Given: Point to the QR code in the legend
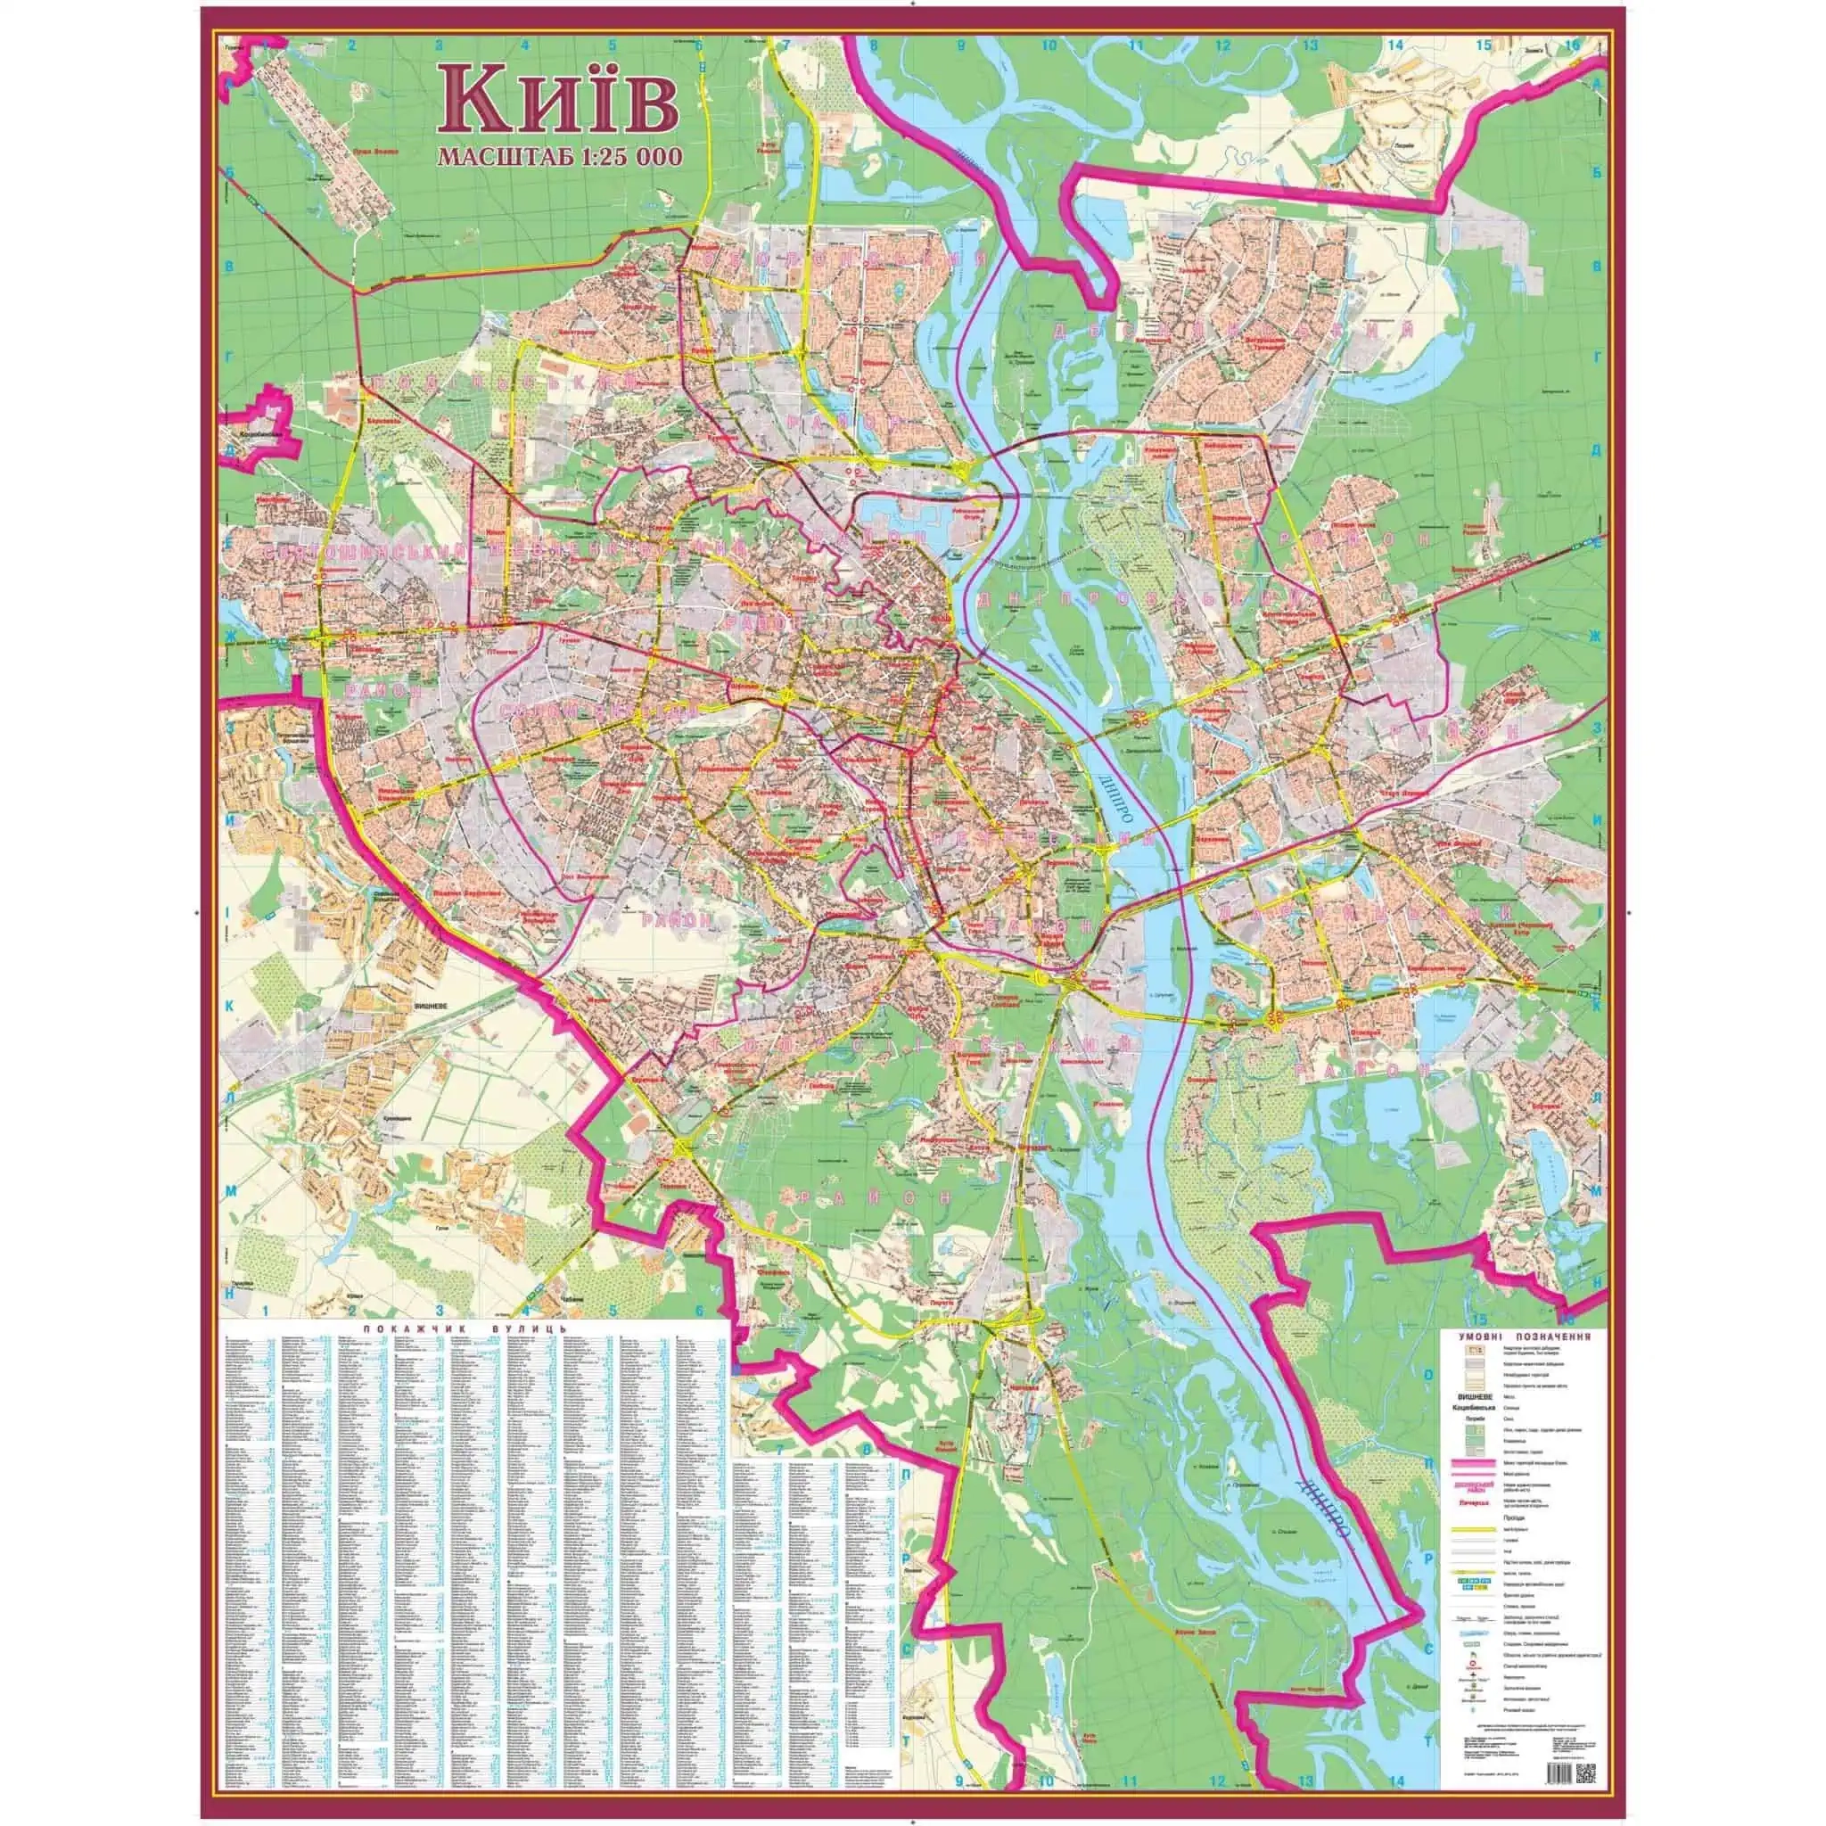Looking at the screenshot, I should [x=1586, y=1774].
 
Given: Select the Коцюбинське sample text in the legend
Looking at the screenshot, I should [x=1474, y=1407].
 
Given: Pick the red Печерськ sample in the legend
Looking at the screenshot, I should [x=1474, y=1502].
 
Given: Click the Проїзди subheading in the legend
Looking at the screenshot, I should [x=1514, y=1518].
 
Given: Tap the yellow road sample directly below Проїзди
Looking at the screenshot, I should [x=1474, y=1529].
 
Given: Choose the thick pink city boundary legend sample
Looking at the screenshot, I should [x=1474, y=1463].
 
